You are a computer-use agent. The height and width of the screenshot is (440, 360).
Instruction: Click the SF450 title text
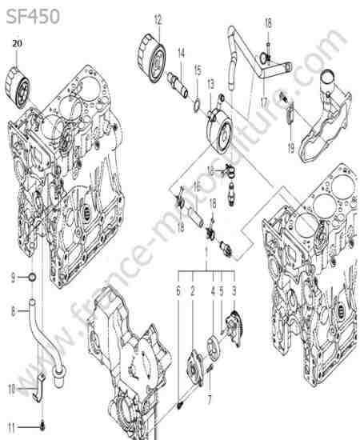33,16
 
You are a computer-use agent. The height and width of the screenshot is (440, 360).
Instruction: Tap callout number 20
17,43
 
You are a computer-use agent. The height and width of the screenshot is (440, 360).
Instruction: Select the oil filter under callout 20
18,87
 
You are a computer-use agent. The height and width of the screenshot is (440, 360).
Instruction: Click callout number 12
158,20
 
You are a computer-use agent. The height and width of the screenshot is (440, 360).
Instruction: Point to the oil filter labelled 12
151,58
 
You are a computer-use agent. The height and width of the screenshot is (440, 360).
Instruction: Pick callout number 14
182,53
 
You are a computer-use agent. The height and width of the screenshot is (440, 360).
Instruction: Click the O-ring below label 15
197,105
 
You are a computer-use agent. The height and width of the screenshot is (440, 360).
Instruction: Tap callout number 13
210,84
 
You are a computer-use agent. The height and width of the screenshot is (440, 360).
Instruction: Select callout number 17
264,102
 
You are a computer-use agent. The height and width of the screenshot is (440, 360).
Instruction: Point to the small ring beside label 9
33,278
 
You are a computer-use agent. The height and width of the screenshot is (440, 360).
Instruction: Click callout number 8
13,311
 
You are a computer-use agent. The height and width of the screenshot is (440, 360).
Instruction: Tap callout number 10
12,390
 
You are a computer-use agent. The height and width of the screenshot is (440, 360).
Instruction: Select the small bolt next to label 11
42,426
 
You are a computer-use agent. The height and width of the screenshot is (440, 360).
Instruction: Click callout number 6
178,291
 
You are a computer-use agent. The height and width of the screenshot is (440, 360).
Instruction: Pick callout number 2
193,291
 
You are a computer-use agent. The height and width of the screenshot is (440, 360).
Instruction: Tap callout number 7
210,400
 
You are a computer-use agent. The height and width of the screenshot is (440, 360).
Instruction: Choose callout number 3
234,291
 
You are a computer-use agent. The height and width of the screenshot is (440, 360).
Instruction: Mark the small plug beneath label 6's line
180,405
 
